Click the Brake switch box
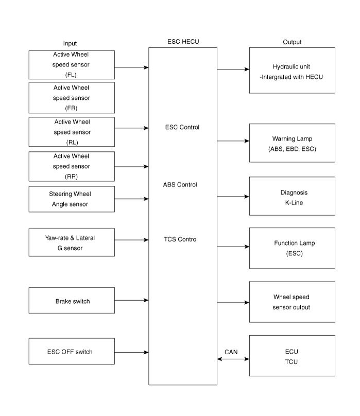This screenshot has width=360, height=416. tap(72, 301)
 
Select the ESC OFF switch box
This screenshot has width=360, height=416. tap(72, 352)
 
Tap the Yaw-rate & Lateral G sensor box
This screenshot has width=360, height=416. tap(72, 243)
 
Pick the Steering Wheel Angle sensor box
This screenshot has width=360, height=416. tap(72, 199)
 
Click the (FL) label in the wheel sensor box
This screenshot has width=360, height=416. tap(71, 75)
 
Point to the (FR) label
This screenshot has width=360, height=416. tap(71, 108)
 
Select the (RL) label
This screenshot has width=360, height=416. tap(71, 143)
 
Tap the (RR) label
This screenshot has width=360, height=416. tap(71, 177)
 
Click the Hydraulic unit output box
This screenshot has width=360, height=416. tap(292, 71)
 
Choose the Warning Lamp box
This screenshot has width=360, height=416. tap(292, 144)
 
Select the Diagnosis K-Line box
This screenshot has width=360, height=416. tap(292, 197)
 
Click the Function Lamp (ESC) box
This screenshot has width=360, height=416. tap(292, 248)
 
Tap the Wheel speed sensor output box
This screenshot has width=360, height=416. tap(292, 302)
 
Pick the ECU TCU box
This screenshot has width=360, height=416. tap(292, 356)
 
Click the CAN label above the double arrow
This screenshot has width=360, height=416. tap(231, 352)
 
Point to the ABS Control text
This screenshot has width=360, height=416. tap(180, 184)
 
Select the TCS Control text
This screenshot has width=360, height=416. tap(180, 239)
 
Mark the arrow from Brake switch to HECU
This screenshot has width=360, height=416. tap(132, 300)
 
